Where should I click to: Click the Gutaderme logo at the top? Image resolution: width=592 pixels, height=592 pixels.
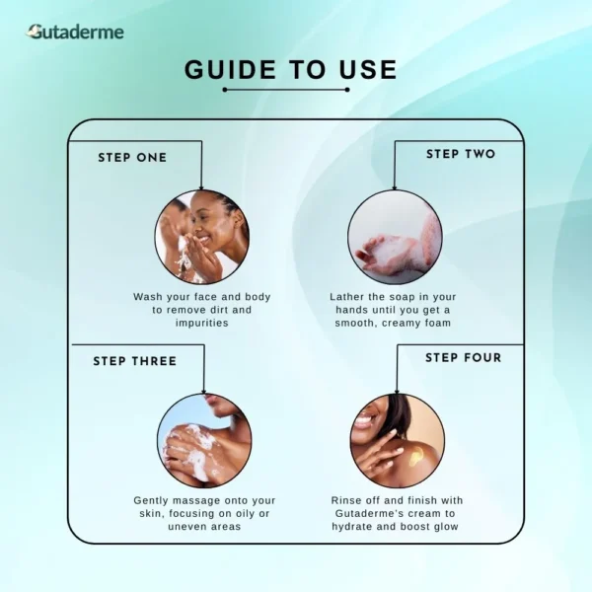tap(75, 33)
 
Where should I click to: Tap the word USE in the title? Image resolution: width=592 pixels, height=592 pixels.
tap(368, 70)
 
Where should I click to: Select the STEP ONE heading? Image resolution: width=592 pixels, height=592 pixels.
tap(132, 158)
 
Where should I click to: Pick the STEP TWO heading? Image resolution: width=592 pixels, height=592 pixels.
tap(461, 154)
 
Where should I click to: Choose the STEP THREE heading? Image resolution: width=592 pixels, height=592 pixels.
tap(135, 361)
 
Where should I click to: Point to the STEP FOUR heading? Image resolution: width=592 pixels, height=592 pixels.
tap(464, 357)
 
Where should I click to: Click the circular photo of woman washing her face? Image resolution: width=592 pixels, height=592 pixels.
tap(202, 237)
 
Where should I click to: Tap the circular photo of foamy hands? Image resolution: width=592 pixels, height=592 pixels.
tap(395, 237)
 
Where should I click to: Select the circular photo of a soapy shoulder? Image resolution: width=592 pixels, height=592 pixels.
tap(204, 441)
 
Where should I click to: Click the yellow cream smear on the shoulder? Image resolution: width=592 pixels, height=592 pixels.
tap(416, 455)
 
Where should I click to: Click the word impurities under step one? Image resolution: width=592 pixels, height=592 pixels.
tap(202, 324)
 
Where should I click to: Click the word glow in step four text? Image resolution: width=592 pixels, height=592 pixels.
tap(446, 527)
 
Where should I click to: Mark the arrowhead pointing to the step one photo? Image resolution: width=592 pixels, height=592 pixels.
tap(201, 186)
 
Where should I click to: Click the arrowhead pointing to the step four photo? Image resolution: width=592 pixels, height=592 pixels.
tap(397, 391)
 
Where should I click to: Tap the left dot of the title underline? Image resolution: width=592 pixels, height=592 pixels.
tap(225, 90)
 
